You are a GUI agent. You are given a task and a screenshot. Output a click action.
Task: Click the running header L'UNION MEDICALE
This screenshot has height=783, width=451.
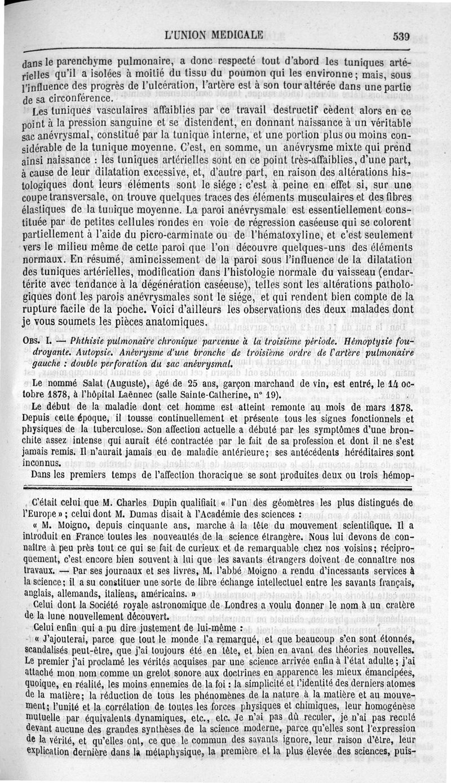pos(214,34)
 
